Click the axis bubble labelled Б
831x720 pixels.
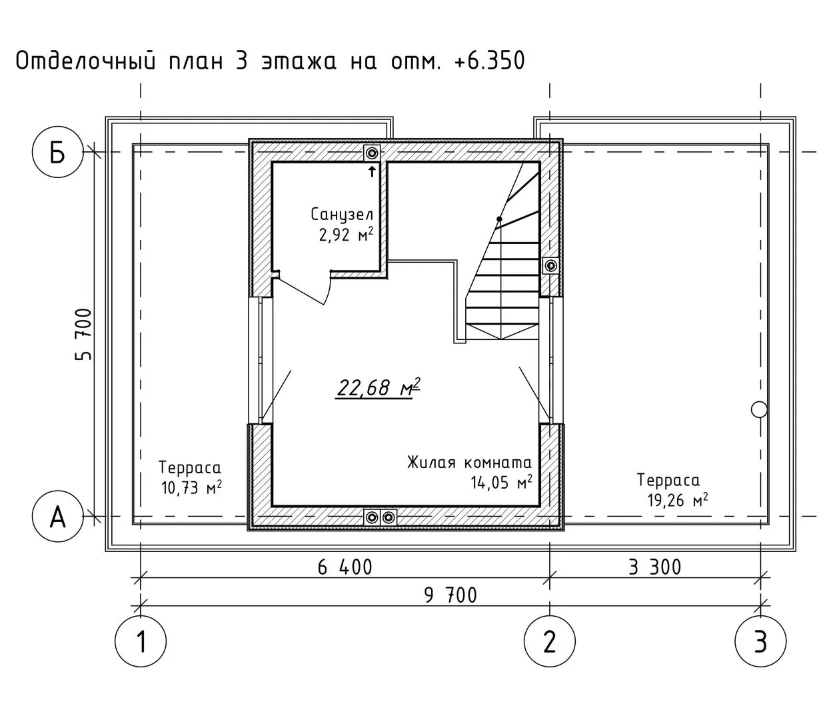(x=57, y=152)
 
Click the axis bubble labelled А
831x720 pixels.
(x=57, y=516)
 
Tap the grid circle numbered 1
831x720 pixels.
(x=141, y=641)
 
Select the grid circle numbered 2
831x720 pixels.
(x=550, y=641)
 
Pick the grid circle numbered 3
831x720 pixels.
(x=760, y=641)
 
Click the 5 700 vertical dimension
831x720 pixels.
(x=83, y=334)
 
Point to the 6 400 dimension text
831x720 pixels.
(x=345, y=567)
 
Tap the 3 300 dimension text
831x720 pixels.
(x=654, y=567)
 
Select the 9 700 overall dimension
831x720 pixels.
(x=450, y=595)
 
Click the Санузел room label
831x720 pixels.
(x=342, y=215)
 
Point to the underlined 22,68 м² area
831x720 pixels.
(x=378, y=388)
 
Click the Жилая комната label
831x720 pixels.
(x=469, y=463)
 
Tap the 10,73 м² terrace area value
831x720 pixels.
(x=191, y=488)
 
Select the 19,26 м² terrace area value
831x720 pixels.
(x=678, y=501)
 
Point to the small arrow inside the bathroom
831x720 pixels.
(x=373, y=171)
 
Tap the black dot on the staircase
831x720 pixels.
(x=499, y=219)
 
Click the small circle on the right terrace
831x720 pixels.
(x=759, y=410)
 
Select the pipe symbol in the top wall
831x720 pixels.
(x=373, y=153)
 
